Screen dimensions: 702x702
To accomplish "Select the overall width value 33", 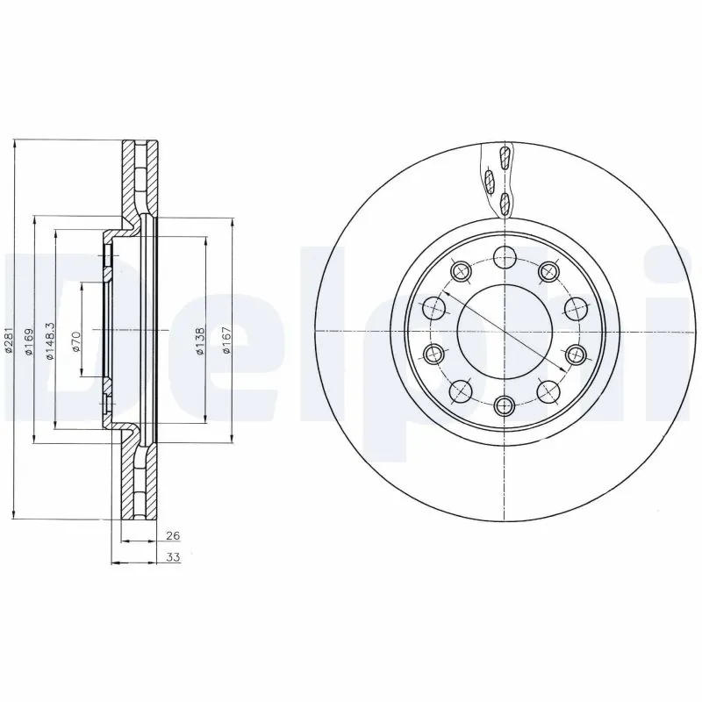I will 173,557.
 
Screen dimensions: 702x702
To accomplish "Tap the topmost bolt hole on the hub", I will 504,257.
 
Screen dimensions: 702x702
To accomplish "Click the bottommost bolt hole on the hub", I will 504,405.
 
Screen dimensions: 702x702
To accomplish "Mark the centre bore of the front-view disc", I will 504,331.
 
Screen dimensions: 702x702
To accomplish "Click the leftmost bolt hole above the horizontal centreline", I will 433,308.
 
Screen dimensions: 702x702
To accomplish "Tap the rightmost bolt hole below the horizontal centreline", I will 575,354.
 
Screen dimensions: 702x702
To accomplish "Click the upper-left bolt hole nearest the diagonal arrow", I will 460,271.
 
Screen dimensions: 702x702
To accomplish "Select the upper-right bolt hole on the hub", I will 548,271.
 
